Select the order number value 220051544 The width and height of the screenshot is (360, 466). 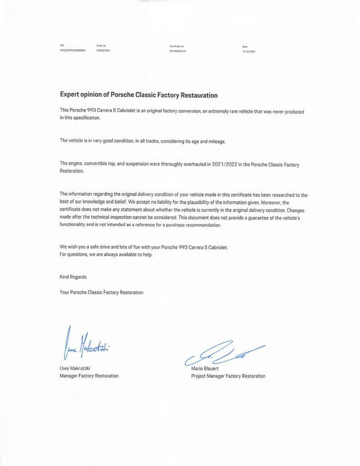tap(103, 50)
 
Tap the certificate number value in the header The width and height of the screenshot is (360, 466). tap(178, 50)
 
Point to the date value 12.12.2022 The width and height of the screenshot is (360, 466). tap(249, 51)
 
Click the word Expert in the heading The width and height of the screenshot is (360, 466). tap(69, 95)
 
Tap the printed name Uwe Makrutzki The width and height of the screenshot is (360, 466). tap(75, 368)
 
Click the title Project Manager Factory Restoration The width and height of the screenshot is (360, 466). tap(228, 376)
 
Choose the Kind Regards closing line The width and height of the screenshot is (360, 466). tap(73, 277)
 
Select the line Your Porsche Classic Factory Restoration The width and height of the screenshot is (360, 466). tap(102, 292)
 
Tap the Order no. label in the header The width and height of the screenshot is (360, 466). tap(101, 46)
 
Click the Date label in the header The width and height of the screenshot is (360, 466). tap(245, 47)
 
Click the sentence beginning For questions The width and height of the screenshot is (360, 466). tap(106, 254)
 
